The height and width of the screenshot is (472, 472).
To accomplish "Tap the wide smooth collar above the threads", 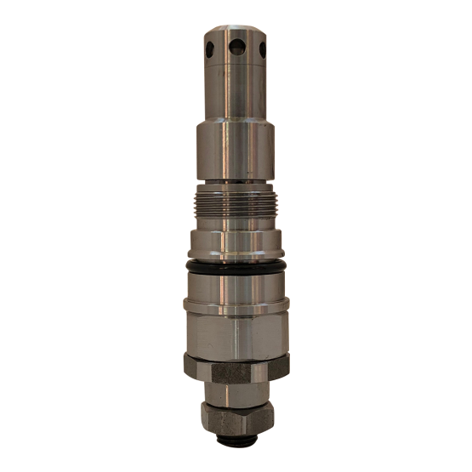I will coord(236,153).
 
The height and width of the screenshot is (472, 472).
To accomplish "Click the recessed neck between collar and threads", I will coord(236,186).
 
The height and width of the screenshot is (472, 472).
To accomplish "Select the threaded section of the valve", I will coord(236,208).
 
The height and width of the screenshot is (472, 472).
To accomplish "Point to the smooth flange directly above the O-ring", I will coord(236,247).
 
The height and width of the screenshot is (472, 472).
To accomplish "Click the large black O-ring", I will coord(236,268).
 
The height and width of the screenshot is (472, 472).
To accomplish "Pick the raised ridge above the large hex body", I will coord(236,304).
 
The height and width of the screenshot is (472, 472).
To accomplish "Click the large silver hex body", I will coord(236,332).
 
